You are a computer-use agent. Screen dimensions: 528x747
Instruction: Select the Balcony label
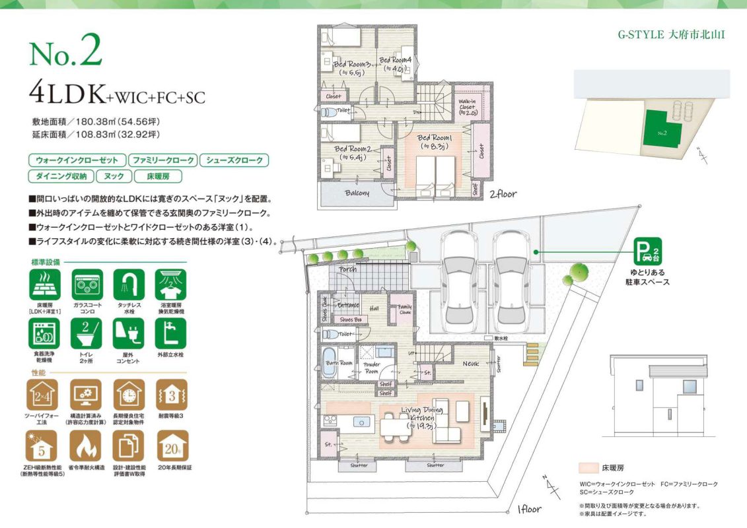coord(357,193)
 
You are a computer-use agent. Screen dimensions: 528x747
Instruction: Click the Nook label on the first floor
coord(470,364)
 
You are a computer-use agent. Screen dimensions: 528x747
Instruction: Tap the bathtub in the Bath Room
coord(330,364)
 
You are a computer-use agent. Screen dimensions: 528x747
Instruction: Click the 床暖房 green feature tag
coord(158,176)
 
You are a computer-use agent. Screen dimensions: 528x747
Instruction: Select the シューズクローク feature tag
coord(234,160)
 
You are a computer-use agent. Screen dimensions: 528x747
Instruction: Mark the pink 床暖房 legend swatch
coord(588,467)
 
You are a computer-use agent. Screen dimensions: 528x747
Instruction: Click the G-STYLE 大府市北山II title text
coord(671,34)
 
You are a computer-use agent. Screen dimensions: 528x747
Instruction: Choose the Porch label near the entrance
coord(347,269)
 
